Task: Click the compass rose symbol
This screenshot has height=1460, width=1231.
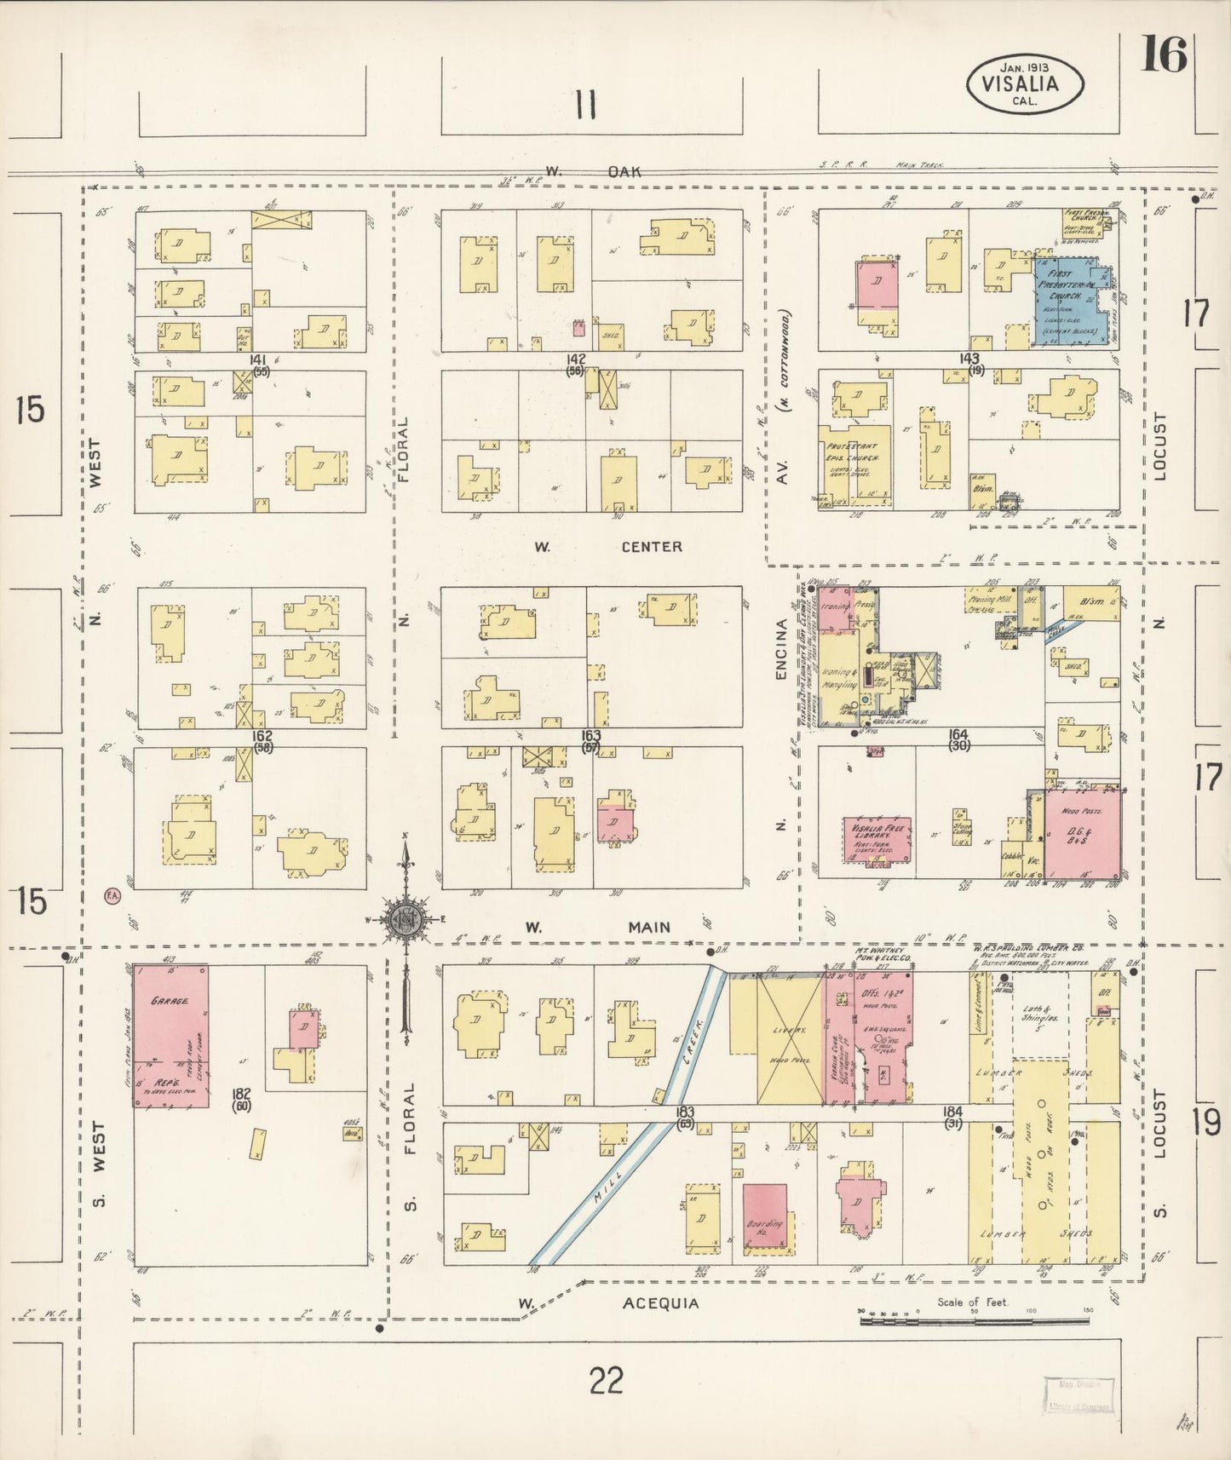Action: point(406,919)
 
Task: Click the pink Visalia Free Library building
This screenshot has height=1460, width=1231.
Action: point(877,840)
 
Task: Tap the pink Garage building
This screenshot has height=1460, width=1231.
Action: point(170,1035)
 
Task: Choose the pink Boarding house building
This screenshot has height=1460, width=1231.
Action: point(764,1217)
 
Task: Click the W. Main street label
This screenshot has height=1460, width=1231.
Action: point(596,928)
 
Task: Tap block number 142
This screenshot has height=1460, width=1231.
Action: point(576,359)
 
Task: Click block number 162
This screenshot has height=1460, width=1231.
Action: point(262,735)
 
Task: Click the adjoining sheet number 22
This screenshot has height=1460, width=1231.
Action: point(606,1379)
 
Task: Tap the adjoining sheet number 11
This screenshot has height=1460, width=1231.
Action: point(584,106)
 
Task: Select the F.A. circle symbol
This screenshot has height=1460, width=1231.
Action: point(112,894)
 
